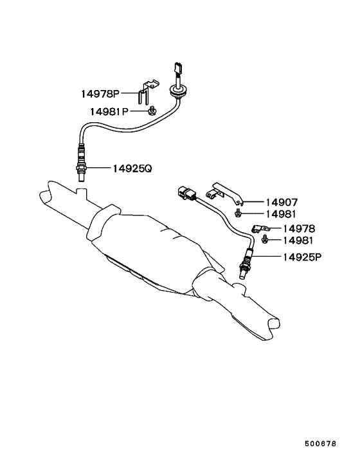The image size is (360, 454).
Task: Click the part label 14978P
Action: pos(100,94)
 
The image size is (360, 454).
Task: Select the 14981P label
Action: pos(109,111)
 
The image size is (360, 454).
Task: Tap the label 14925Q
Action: pos(132,168)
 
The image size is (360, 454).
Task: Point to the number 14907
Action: pos(282,202)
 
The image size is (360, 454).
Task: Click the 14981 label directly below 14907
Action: pos(281,214)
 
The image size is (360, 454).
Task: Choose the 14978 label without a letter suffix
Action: pos(299,229)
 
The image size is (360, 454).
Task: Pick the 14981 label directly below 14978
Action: pos(298,241)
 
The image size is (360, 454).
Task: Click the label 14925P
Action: pos(302,257)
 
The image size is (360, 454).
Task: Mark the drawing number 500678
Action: pos(320,444)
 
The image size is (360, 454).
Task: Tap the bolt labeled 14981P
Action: pos(152,111)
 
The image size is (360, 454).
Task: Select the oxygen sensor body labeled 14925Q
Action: pos(81,163)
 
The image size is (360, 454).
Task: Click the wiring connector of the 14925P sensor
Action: pos(187,192)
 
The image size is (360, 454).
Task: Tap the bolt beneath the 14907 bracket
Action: pos(238,213)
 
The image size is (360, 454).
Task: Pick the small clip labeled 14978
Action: pos(260,228)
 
